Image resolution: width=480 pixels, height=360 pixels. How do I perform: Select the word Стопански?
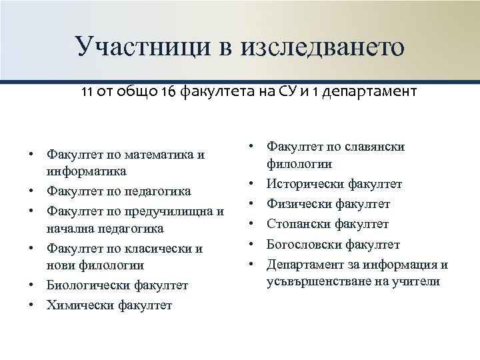point(296,224)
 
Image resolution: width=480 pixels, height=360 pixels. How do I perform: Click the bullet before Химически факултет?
point(31,305)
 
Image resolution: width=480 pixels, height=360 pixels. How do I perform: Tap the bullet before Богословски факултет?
point(253,244)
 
